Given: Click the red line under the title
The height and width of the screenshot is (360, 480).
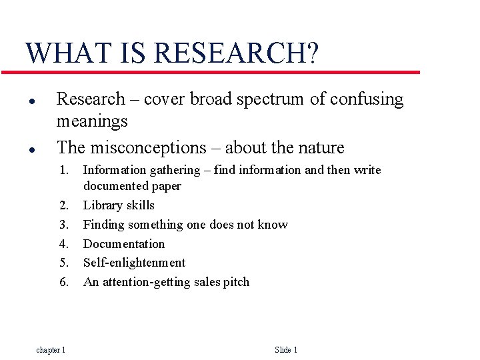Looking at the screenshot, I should [x=220, y=72].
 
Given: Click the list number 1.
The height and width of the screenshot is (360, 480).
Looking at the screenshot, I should [x=64, y=170].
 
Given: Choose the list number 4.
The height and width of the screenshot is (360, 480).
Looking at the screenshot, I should [x=64, y=244].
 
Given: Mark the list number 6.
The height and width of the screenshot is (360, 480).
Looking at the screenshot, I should [x=64, y=282].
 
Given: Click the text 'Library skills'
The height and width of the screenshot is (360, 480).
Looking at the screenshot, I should [x=119, y=205].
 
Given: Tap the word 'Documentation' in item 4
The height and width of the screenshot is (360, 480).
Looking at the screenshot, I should [x=123, y=244].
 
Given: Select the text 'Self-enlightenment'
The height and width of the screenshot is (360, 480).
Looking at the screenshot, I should [x=134, y=263].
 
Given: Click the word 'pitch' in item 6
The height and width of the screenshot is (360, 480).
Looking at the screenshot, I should [x=235, y=282].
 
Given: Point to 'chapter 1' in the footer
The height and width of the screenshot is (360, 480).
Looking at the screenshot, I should [x=51, y=350].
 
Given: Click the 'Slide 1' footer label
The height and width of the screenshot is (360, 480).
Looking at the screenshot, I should [x=286, y=350].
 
